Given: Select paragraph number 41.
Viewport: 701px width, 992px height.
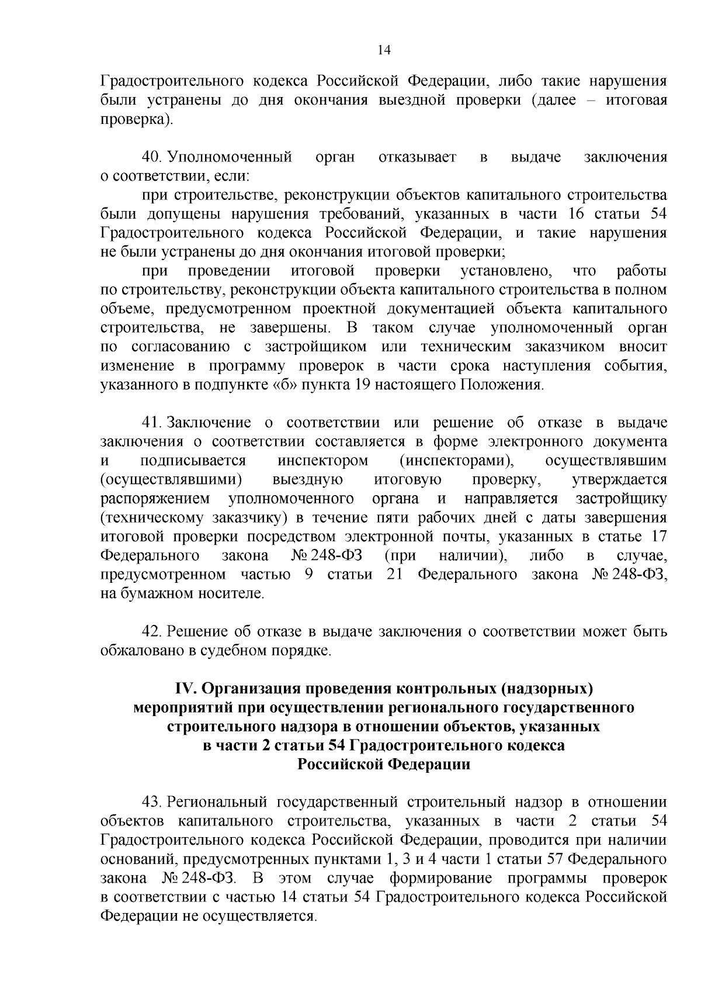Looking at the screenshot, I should (152, 423).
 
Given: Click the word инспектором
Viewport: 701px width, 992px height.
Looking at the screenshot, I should (323, 461).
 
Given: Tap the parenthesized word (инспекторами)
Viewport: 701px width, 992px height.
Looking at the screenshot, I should (457, 461).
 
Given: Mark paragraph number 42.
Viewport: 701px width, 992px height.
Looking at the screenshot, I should (152, 631).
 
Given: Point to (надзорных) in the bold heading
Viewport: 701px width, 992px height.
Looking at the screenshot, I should (547, 689).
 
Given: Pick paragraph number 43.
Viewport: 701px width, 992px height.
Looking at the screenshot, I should (152, 802).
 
